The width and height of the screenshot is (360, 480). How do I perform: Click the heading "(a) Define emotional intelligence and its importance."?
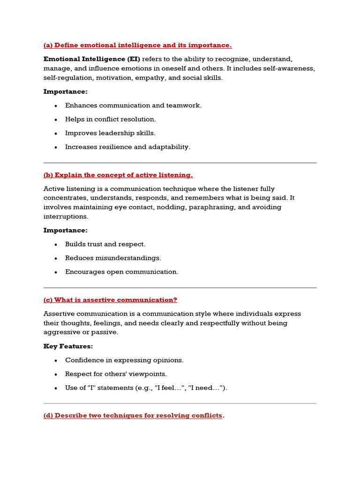point(137,45)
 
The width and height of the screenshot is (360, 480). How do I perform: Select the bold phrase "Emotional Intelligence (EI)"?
point(91,59)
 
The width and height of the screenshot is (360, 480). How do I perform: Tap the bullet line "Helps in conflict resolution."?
point(110,119)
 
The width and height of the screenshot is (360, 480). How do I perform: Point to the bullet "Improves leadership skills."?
point(110,133)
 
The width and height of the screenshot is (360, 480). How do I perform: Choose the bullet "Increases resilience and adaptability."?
point(127,147)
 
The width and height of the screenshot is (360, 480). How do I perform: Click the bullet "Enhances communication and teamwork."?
point(133,105)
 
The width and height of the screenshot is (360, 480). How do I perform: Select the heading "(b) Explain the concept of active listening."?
point(118,175)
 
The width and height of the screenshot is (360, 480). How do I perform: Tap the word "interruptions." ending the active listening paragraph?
point(66,217)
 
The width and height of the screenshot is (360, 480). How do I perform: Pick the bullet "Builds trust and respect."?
point(105,244)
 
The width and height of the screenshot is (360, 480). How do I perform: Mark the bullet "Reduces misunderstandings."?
point(113,258)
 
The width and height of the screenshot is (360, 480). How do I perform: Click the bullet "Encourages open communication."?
point(121,272)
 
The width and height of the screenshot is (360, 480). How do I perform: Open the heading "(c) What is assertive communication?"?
point(110,300)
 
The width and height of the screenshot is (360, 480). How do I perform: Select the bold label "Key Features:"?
point(68,346)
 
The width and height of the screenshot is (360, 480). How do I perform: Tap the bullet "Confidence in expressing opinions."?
point(124,360)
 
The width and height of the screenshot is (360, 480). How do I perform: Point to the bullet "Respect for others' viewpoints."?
point(116,374)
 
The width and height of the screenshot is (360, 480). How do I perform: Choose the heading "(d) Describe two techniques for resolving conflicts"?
point(133,415)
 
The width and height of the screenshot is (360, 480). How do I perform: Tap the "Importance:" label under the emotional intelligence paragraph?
point(65,91)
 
